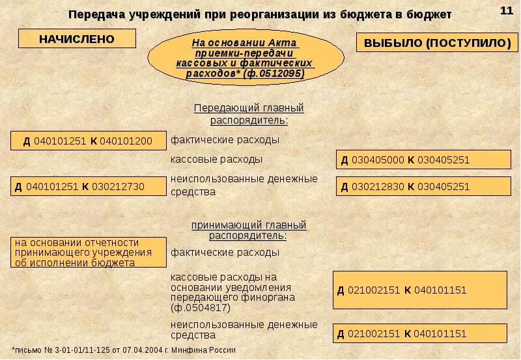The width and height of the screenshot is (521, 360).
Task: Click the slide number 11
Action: click(x=506, y=10)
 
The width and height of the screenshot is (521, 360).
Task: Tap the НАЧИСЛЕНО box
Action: click(x=77, y=39)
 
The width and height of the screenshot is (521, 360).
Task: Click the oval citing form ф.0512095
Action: click(x=246, y=59)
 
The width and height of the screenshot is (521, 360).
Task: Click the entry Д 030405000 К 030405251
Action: click(x=423, y=159)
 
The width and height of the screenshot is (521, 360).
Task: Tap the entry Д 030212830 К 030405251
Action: click(x=423, y=186)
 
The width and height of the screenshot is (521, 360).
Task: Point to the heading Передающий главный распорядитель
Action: click(x=249, y=114)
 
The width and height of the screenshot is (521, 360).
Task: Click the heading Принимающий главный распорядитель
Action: click(x=249, y=230)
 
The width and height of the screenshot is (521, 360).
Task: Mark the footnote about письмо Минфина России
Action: click(x=124, y=350)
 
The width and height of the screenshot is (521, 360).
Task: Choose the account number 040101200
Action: click(x=126, y=141)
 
